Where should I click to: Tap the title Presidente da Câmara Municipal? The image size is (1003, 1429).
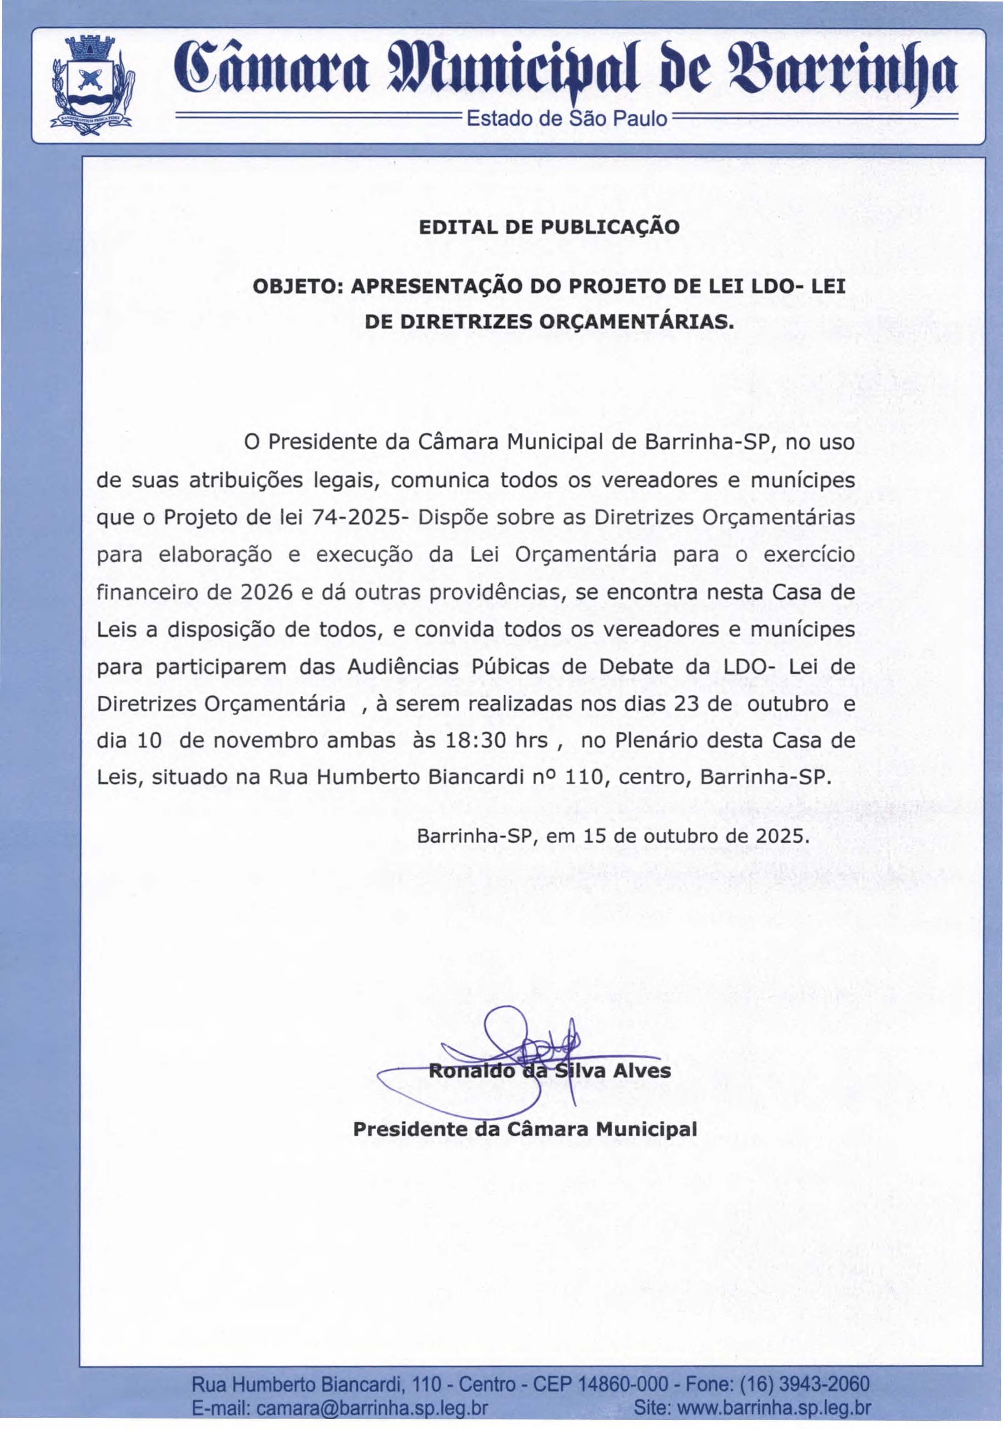point(524,1129)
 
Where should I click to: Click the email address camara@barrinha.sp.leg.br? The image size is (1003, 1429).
point(372,1408)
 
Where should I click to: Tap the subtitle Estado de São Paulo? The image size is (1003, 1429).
point(567,118)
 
